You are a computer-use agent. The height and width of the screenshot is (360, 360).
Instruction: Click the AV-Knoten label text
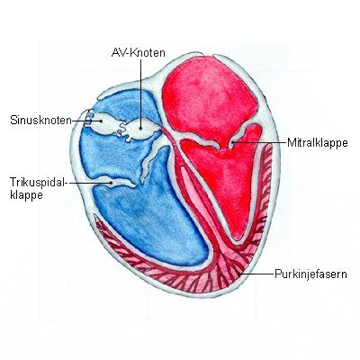[x=138, y=53]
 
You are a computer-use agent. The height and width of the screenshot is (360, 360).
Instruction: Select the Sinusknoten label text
[x=40, y=120]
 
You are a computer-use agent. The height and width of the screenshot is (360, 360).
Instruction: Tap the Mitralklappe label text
[x=318, y=142]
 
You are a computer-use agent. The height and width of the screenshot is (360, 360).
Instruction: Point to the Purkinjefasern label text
[x=310, y=274]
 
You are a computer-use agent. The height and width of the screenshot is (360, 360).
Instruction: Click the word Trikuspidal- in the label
[x=38, y=182]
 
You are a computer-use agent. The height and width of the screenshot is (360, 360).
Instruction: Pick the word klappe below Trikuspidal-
[x=26, y=195]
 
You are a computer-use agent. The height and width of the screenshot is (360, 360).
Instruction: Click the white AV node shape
[x=141, y=130]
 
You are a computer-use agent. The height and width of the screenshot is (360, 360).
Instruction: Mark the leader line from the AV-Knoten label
[x=140, y=94]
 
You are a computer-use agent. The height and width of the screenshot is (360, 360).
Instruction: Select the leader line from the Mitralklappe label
[x=259, y=142]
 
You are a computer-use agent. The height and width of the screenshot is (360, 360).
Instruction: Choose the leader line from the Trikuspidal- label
[x=89, y=182]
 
